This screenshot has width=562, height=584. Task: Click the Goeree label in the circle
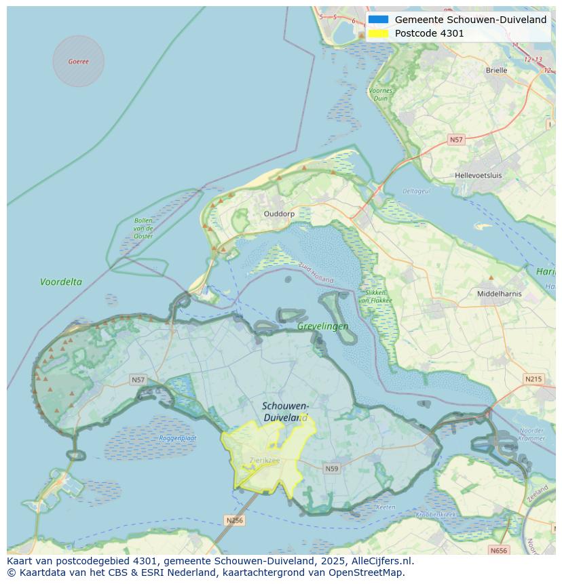tap(78, 62)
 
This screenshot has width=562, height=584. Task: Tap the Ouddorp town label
tap(278, 213)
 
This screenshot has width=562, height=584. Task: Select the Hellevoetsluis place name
tap(478, 175)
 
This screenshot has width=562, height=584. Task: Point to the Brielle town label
tap(496, 70)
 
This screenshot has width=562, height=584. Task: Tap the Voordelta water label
tap(60, 281)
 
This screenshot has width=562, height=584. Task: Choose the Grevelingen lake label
tap(322, 326)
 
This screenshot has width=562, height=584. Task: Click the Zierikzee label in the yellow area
tap(263, 461)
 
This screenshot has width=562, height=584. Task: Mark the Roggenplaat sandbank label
tap(178, 438)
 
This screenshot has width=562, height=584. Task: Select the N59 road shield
tap(331, 468)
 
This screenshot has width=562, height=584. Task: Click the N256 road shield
tap(233, 520)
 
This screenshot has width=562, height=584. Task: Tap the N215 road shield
tap(533, 378)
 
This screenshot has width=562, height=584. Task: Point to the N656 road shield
tap(499, 550)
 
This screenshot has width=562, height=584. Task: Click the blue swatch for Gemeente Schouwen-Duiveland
tap(378, 20)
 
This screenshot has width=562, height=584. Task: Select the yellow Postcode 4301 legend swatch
tap(378, 33)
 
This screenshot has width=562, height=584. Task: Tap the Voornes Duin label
tap(381, 94)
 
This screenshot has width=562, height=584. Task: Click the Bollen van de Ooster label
tap(143, 228)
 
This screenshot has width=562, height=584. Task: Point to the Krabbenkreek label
tap(436, 515)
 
